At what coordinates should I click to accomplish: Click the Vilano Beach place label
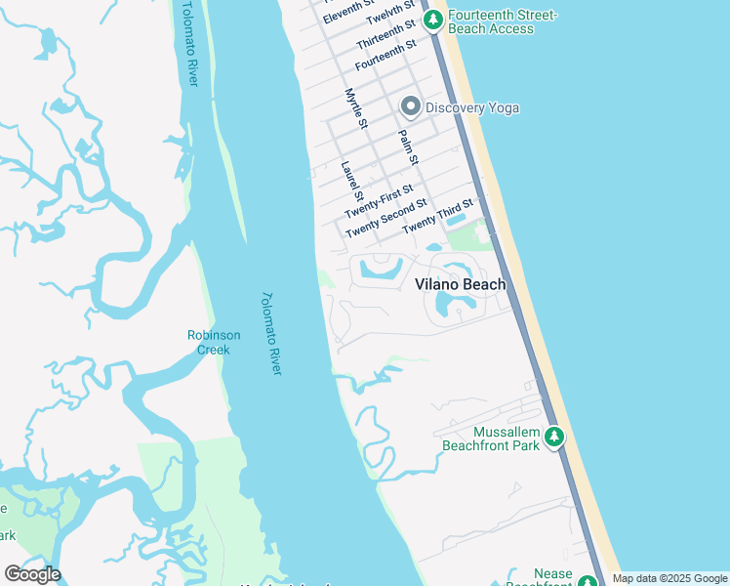click(461, 284)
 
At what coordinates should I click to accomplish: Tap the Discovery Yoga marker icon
click(411, 106)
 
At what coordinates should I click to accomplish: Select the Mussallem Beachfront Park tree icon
click(554, 437)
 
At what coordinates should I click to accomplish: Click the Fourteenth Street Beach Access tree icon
click(431, 21)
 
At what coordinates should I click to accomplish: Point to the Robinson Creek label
click(214, 342)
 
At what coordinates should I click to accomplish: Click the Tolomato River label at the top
click(189, 44)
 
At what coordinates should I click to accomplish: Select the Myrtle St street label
click(356, 108)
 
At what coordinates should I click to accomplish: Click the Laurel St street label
click(351, 182)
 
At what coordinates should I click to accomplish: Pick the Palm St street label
click(409, 146)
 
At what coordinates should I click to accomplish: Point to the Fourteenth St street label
click(385, 55)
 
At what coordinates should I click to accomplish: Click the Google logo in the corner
click(32, 574)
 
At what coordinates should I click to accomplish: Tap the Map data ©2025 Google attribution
click(669, 579)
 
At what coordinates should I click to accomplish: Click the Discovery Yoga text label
click(472, 107)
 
